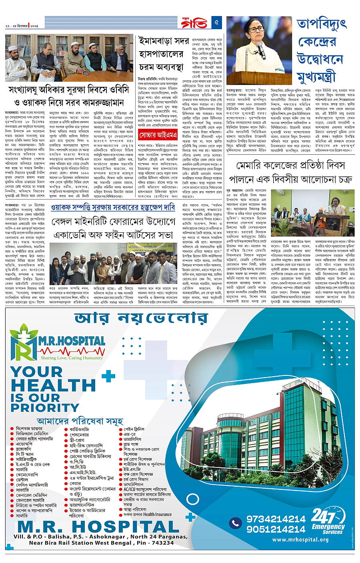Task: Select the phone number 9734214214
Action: coord(276,519)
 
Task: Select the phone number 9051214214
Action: coord(276,529)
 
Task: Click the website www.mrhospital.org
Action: coord(300,539)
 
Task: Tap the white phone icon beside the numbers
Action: coord(235,523)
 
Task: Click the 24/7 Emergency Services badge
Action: coord(327,521)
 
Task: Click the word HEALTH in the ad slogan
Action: coord(53,385)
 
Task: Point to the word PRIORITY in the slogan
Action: coord(45,407)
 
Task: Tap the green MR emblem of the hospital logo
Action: coord(23,342)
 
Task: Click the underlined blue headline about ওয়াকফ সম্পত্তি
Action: coord(113,207)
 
